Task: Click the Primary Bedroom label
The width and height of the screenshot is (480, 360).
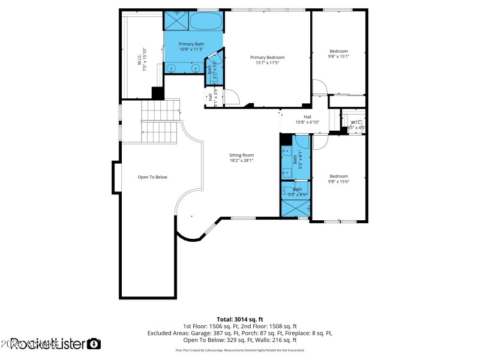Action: (267, 58)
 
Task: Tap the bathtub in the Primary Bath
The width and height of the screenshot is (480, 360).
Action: (206, 22)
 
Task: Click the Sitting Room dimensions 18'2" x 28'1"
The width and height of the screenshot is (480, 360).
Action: (241, 160)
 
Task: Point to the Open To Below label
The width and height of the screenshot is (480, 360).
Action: (152, 177)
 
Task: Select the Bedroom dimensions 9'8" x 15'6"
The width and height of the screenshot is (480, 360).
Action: (338, 182)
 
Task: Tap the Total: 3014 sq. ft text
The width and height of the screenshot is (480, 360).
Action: (240, 319)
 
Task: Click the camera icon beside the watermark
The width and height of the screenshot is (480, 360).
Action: (94, 344)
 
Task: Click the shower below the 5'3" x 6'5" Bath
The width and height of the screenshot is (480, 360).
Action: (295, 208)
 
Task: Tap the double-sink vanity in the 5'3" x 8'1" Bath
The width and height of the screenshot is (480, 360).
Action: (286, 161)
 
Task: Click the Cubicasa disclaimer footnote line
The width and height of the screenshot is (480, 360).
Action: (240, 350)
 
